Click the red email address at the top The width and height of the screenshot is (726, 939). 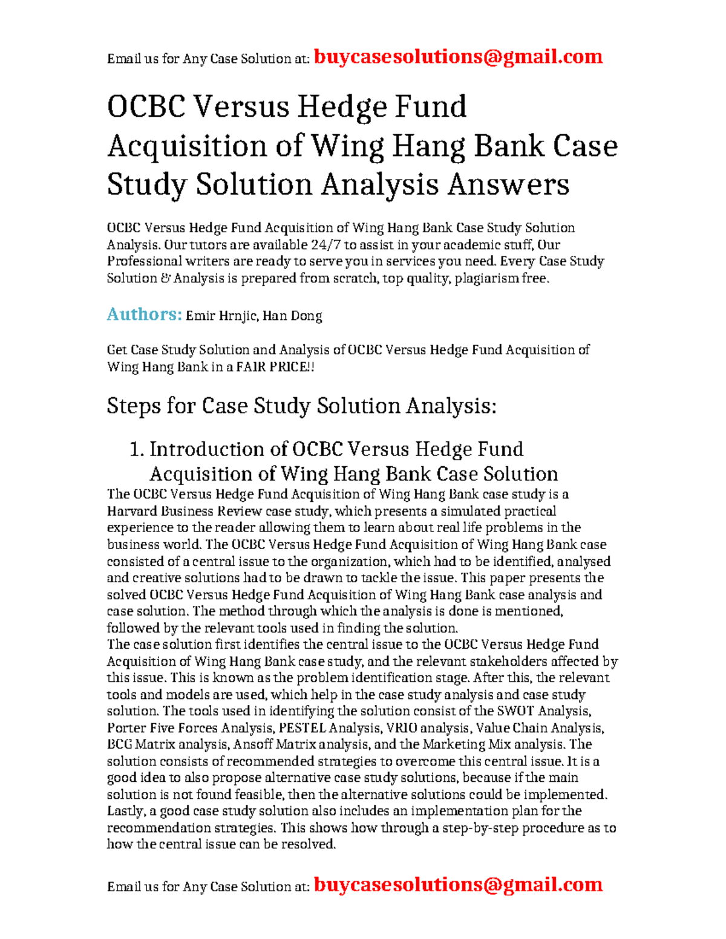(x=458, y=57)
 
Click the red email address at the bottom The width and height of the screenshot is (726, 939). (x=458, y=885)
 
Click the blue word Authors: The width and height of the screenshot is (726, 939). (x=144, y=314)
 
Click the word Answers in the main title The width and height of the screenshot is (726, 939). (x=508, y=184)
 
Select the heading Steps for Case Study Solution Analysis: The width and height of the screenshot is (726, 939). (x=301, y=406)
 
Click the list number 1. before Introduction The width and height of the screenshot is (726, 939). (x=137, y=449)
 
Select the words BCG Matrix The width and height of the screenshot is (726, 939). (x=140, y=744)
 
